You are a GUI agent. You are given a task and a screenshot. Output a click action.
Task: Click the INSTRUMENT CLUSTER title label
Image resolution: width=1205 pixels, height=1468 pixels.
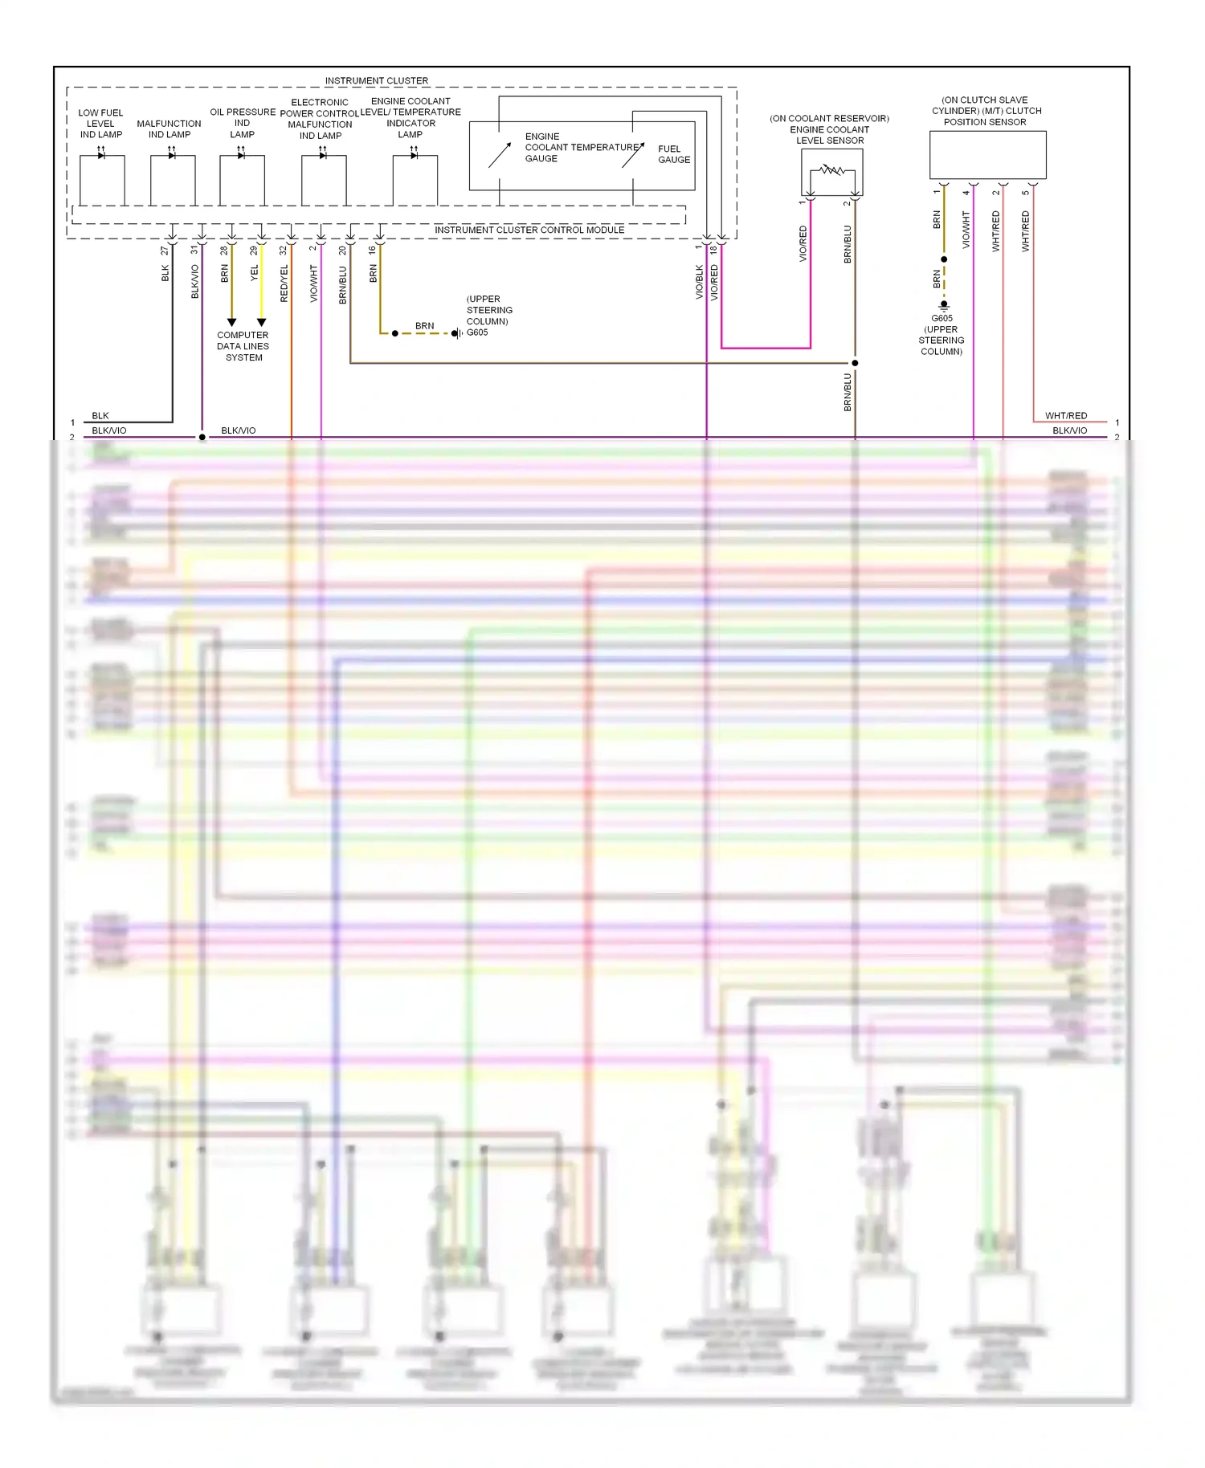coord(376,81)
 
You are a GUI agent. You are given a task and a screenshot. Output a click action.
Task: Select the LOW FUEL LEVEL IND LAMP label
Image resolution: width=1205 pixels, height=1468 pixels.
coord(100,124)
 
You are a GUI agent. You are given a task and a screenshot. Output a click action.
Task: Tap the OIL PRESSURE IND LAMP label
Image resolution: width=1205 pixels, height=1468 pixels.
coord(243,123)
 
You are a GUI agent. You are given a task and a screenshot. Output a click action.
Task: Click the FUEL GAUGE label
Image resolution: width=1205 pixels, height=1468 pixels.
coord(673,154)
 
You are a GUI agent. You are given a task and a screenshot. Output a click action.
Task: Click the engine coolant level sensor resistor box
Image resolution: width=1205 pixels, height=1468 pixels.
coord(831,171)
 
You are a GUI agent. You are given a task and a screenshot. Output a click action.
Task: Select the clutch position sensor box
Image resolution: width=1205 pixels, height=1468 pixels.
coord(987,155)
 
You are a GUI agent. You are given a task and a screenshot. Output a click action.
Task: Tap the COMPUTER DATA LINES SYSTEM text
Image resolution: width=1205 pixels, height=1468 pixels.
coord(243,346)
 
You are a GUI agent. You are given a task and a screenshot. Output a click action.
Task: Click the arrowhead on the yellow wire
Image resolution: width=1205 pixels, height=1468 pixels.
coord(261,322)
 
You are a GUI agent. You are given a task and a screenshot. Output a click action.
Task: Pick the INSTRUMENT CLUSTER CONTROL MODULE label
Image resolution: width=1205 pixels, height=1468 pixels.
coord(529,230)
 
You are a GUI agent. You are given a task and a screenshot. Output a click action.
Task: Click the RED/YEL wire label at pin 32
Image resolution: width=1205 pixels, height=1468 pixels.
coord(284,283)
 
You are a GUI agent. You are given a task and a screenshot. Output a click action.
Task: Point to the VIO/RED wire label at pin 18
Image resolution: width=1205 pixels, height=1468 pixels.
coord(714,283)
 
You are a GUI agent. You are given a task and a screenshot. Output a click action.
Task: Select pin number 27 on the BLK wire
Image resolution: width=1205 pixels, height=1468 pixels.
coord(165,251)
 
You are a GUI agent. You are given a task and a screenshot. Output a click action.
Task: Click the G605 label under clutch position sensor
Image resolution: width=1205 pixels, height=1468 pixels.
coord(942,319)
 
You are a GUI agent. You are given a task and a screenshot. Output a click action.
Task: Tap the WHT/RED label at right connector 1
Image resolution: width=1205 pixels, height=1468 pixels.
coord(1065,415)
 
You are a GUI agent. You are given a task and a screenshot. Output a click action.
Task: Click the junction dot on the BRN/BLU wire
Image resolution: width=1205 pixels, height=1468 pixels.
coord(855,363)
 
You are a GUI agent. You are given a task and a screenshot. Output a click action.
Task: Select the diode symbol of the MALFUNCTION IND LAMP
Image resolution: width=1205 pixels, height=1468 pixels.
coord(172,156)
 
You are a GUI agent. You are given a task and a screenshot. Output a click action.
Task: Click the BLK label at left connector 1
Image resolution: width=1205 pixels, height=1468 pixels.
coord(100,415)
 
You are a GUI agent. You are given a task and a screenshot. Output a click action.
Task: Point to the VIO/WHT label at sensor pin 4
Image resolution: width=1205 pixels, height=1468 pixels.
coord(966,230)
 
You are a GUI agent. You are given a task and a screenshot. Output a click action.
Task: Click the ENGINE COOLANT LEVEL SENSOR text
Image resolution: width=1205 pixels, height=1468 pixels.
coord(829,129)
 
